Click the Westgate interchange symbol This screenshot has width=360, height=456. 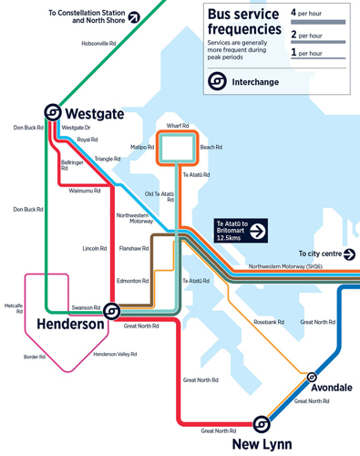click(x=54, y=112)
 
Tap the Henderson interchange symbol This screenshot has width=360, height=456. click(x=111, y=311)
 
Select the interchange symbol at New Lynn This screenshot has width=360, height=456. click(x=262, y=424)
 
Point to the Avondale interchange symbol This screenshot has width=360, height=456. click(x=312, y=376)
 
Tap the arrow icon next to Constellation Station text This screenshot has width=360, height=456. click(x=134, y=16)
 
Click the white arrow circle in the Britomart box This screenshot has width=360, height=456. click(x=258, y=232)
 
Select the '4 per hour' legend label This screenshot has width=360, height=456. click(x=306, y=13)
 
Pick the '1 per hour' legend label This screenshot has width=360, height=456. click(x=306, y=53)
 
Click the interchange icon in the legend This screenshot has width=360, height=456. click(x=217, y=82)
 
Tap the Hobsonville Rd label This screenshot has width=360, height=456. click(x=98, y=43)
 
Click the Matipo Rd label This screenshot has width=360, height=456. click(x=142, y=147)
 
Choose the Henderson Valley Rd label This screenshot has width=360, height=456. click(x=115, y=354)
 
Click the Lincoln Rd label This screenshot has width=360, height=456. click(x=95, y=248)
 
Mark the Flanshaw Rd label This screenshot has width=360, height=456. click(x=133, y=248)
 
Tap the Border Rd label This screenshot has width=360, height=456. click(x=35, y=357)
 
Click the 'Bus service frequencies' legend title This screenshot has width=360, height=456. click(x=243, y=23)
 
